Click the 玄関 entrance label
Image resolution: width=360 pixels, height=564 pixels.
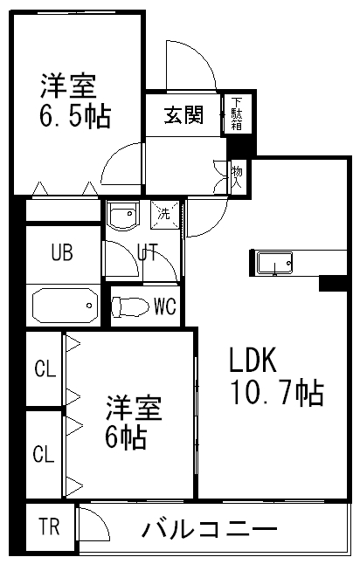[x=183, y=115]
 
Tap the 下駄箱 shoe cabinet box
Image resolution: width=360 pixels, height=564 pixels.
[x=237, y=114]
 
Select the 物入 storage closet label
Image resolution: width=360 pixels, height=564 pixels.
[x=237, y=176]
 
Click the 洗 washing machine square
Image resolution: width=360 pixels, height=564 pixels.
[x=164, y=214]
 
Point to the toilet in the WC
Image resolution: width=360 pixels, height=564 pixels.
[x=130, y=306]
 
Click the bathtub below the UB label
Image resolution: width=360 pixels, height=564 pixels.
[x=66, y=306]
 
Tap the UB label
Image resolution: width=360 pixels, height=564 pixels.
[x=62, y=251]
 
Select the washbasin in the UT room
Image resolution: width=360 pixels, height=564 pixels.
[x=123, y=215]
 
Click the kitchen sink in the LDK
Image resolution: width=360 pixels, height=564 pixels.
[x=274, y=264]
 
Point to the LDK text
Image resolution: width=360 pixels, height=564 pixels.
[x=253, y=360]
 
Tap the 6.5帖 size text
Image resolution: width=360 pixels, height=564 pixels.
[x=75, y=116]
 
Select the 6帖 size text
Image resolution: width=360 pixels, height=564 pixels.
[x=125, y=437]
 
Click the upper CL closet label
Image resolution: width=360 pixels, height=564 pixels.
[x=45, y=368]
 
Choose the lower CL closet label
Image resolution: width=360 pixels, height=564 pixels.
[x=44, y=454]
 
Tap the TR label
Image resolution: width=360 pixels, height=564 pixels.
[x=49, y=526]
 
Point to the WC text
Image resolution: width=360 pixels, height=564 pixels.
[x=165, y=306]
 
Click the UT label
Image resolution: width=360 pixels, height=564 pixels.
[x=148, y=251]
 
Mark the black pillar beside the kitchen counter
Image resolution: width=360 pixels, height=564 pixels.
[x=334, y=283]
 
